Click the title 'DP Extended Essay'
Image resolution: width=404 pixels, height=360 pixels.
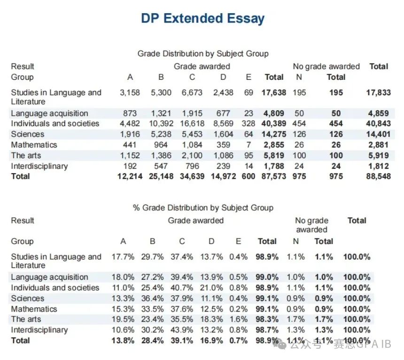[x=203, y=19]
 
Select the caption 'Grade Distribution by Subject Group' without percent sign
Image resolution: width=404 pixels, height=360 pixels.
[x=203, y=54]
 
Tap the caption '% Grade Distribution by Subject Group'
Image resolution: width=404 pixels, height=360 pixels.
[x=203, y=207]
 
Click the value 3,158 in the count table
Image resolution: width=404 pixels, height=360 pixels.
[x=130, y=92]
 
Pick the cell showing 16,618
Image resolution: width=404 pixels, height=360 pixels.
[x=192, y=123]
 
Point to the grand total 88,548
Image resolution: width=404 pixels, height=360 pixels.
[x=379, y=176]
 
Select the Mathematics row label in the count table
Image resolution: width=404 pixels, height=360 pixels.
[x=34, y=145]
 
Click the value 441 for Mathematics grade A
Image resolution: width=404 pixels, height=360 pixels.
[x=130, y=145]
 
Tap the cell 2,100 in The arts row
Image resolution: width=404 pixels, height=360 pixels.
[x=192, y=155]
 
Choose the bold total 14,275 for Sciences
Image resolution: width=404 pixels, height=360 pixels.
[x=274, y=134]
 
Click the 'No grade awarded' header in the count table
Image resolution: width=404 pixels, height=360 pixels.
[x=326, y=67]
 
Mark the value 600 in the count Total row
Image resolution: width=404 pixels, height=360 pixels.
[x=249, y=176]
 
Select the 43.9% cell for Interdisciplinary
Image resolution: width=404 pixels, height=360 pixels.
[x=182, y=330]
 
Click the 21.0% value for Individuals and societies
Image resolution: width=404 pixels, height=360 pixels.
[x=211, y=288]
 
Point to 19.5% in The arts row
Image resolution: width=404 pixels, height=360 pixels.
[x=123, y=319]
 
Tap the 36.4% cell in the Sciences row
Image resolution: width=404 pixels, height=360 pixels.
[x=152, y=299]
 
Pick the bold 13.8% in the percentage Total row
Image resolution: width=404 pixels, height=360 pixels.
[x=123, y=341]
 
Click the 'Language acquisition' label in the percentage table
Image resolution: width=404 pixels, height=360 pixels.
[x=49, y=277]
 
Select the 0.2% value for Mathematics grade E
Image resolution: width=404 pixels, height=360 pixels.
[x=238, y=309]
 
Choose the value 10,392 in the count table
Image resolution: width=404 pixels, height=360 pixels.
[x=161, y=123]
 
